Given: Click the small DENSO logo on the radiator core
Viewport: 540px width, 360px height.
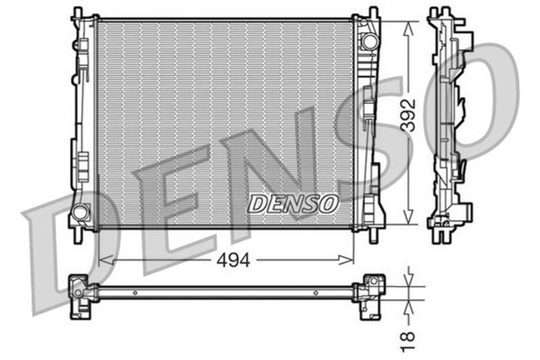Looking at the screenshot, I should click(x=293, y=204).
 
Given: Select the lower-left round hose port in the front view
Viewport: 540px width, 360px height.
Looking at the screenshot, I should click(x=81, y=212).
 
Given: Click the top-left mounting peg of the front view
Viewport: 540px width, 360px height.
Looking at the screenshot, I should click(x=78, y=11).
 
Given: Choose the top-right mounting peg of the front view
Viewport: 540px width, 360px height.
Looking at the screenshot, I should click(x=370, y=11).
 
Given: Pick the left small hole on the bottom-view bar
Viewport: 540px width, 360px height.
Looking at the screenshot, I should click(x=132, y=293).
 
